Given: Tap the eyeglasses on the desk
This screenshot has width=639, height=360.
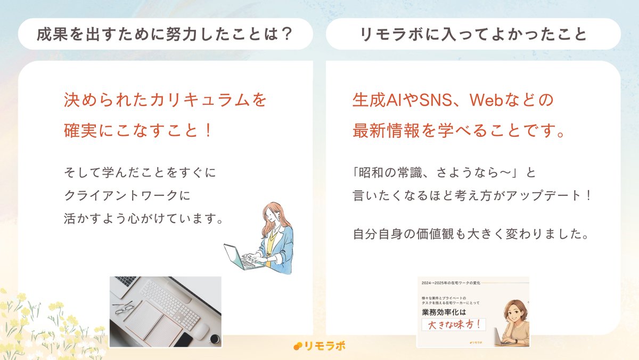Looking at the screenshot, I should [x=123, y=307].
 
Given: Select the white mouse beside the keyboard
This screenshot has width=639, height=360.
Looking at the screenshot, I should [x=199, y=331].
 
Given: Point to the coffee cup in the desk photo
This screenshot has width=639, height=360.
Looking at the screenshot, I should [x=215, y=339].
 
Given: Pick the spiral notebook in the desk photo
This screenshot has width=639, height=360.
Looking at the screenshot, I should [x=151, y=323].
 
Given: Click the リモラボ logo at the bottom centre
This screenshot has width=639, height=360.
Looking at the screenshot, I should [x=319, y=346].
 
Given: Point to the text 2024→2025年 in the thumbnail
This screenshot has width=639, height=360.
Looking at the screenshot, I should [x=441, y=282].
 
